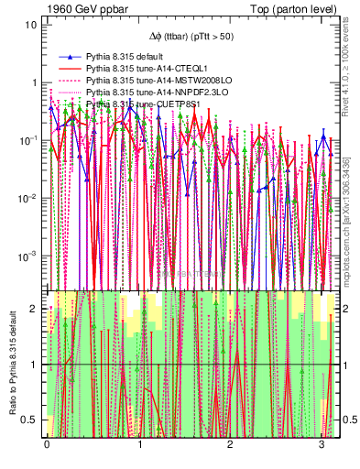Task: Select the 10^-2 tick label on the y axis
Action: (x=27, y=199)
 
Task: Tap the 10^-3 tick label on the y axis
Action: (x=27, y=256)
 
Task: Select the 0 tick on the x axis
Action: (x=47, y=447)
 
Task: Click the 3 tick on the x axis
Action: (x=322, y=447)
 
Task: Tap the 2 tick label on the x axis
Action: (x=231, y=447)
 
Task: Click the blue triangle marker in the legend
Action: (x=66, y=57)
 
